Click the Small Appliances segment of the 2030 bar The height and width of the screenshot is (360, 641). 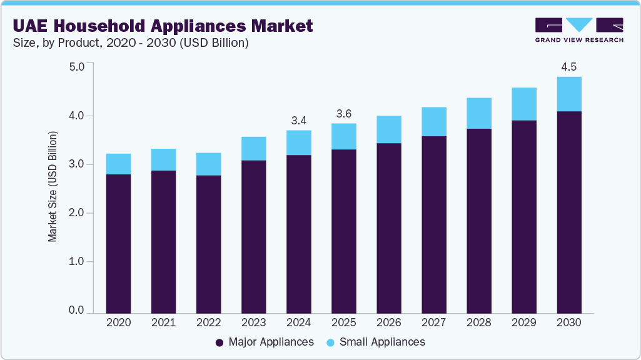tap(569, 94)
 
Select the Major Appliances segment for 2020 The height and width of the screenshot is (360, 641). tap(119, 244)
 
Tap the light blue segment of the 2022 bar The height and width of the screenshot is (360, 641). tap(209, 164)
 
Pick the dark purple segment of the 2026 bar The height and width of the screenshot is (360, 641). tap(389, 228)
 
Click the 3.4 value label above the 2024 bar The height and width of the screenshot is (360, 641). tap(299, 119)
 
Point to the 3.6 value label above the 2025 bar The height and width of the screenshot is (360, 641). tap(344, 113)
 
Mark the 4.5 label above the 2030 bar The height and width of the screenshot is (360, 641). tap(569, 66)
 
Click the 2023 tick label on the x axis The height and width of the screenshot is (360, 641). tap(254, 323)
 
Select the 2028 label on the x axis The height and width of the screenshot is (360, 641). tap(479, 323)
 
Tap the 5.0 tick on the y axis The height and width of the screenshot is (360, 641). tap(76, 67)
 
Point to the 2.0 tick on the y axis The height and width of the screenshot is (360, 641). tap(76, 213)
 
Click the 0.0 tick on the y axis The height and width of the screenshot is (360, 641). tap(76, 311)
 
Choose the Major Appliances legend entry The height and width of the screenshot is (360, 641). tap(265, 342)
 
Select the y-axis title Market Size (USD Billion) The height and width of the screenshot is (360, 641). tap(53, 187)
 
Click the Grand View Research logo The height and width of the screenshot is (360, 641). tap(578, 30)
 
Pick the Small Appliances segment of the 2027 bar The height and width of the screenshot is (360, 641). tap(434, 121)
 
